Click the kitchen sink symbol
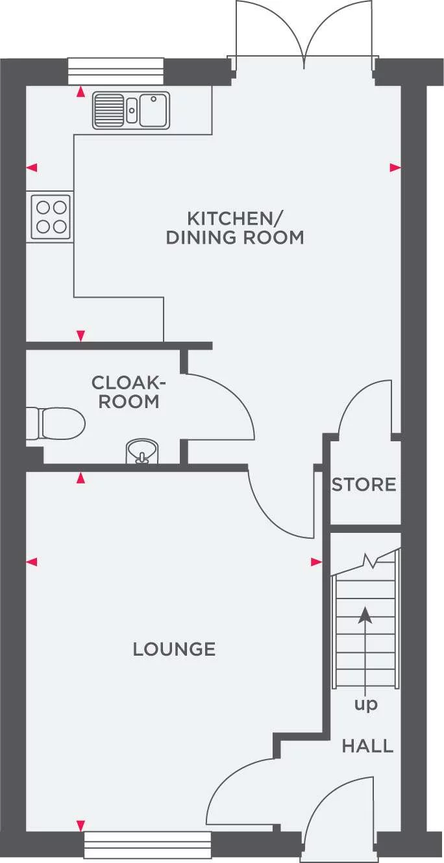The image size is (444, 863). pyautogui.click(x=131, y=109)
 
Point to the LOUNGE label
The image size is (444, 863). pyautogui.click(x=174, y=649)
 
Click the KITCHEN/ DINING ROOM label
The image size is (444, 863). pyautogui.click(x=235, y=227)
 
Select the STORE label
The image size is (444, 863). pyautogui.click(x=364, y=485)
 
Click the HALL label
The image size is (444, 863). pyautogui.click(x=367, y=746)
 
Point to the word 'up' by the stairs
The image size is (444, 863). pyautogui.click(x=365, y=704)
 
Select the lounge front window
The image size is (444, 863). pyautogui.click(x=148, y=845)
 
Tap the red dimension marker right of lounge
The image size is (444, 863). pyautogui.click(x=316, y=561)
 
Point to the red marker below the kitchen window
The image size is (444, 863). pyautogui.click(x=80, y=92)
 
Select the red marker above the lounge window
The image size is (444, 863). pyautogui.click(x=80, y=825)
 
